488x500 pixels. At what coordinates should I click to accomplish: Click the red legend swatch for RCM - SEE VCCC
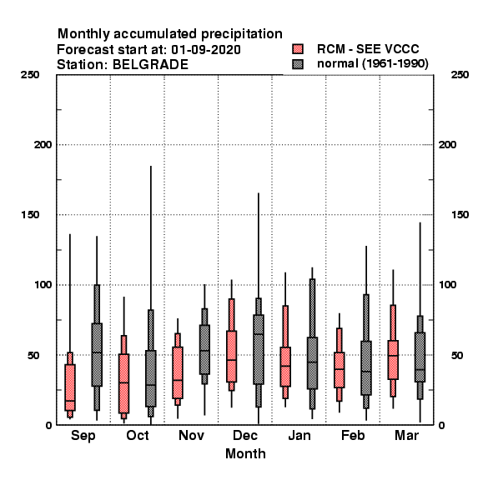[298, 49]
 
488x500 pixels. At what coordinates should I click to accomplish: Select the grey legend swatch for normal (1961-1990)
[298, 64]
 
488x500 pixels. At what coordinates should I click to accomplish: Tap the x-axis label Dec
[245, 435]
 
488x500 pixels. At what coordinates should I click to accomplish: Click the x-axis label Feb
[353, 435]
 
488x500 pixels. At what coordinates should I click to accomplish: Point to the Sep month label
[83, 436]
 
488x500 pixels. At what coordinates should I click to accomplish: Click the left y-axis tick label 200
[43, 145]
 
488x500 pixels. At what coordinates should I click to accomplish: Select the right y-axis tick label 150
[460, 215]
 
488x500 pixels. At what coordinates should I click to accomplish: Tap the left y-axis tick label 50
[33, 355]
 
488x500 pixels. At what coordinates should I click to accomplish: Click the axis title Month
[245, 454]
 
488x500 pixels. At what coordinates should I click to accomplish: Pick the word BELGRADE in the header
[150, 65]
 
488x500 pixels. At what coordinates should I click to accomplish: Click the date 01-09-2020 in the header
[206, 50]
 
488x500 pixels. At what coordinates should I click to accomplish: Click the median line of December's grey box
[259, 334]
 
